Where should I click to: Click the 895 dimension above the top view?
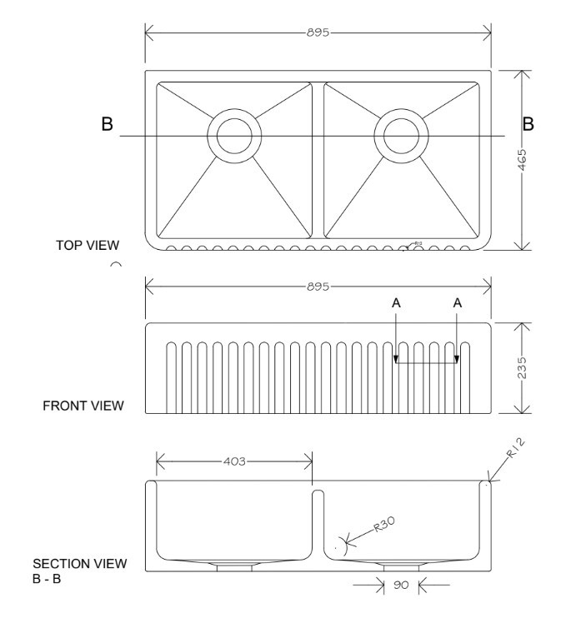tap(318, 32)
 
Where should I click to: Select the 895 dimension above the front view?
tap(318, 286)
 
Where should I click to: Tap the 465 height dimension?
tap(523, 159)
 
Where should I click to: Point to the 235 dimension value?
tap(523, 368)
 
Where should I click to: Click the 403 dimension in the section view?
tap(234, 461)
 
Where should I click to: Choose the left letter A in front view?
tap(396, 304)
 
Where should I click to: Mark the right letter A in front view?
tap(457, 304)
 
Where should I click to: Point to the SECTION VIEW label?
tap(80, 564)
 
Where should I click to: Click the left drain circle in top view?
tap(234, 135)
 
